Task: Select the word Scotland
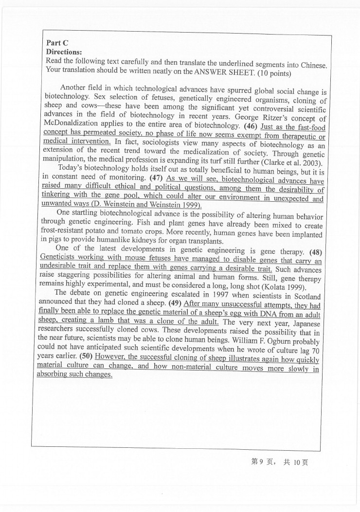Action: (x=305, y=297)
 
